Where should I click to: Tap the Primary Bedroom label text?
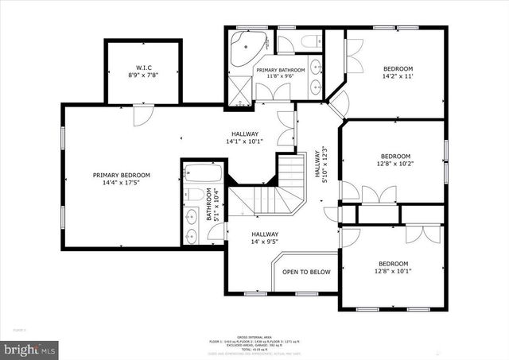point(121,179)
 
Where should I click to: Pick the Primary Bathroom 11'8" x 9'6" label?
point(280,74)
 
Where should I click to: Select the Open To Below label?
point(306,273)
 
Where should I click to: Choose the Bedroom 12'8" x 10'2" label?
point(395,161)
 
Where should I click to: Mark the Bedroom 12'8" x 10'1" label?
point(393,268)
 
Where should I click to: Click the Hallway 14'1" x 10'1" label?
point(245,137)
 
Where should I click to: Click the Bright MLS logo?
point(30,348)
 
